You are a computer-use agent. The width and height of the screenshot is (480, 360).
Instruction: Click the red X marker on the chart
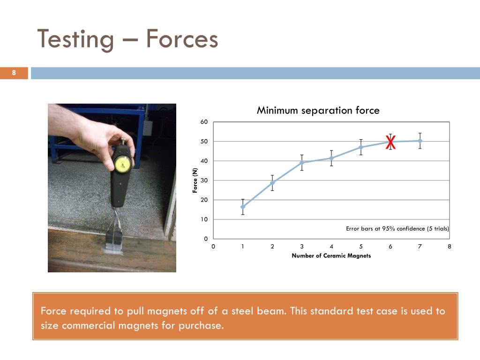[390, 142]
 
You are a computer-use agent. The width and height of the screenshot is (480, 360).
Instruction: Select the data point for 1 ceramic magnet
[243, 207]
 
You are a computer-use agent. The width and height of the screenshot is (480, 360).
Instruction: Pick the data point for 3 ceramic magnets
[302, 163]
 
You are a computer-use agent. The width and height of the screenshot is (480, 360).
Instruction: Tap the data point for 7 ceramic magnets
[420, 141]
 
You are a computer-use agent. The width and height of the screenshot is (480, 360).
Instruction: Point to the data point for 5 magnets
[361, 147]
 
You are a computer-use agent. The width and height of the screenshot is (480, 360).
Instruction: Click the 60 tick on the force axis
[204, 122]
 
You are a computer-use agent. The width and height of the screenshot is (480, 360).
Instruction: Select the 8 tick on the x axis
[450, 247]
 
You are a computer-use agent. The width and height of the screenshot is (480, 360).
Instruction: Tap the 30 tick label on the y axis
[204, 180]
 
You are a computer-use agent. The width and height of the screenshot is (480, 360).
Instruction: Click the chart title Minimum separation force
[318, 110]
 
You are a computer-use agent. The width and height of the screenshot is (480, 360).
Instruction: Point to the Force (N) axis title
[195, 180]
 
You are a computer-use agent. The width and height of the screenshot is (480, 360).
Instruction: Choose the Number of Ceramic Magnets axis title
[331, 255]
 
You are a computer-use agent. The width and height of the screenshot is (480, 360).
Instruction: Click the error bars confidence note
[397, 229]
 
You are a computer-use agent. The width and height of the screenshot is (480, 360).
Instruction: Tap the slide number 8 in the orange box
[14, 73]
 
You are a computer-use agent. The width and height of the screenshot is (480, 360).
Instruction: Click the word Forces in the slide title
[182, 39]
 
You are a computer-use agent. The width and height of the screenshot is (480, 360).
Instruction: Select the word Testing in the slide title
[75, 40]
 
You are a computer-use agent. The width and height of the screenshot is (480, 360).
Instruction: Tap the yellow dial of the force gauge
[123, 164]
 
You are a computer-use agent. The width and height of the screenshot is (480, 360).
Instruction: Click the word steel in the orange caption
[242, 311]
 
